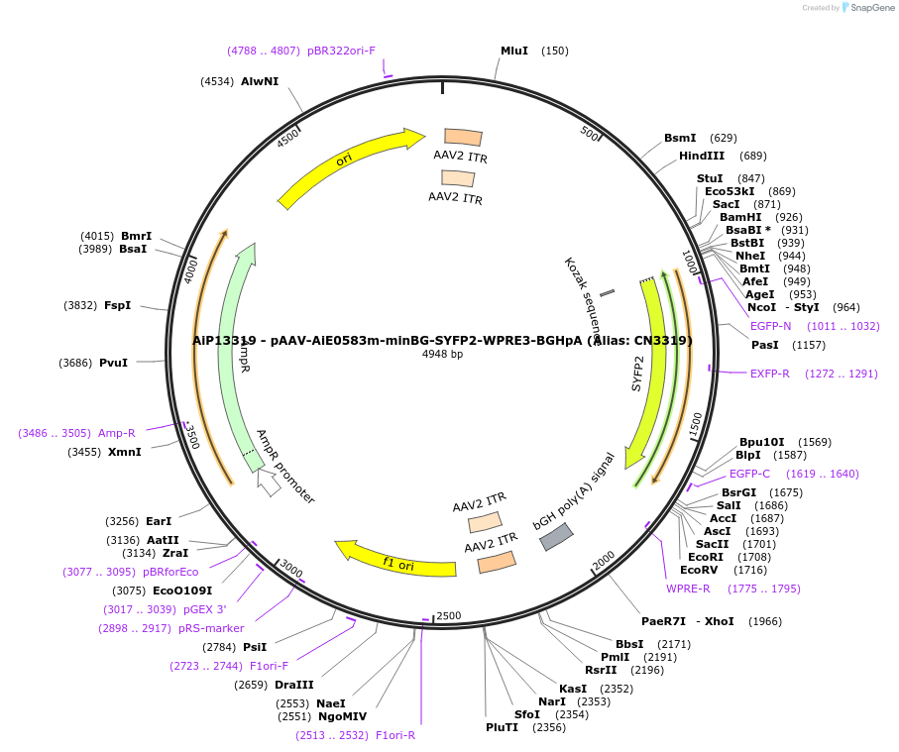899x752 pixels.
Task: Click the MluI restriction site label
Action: click(x=513, y=51)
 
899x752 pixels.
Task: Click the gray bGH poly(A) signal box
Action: click(x=555, y=537)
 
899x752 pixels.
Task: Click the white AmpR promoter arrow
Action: click(x=268, y=483)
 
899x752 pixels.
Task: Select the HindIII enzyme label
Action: click(x=702, y=156)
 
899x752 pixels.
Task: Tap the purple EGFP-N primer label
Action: click(x=770, y=326)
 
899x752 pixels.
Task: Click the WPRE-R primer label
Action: click(x=688, y=589)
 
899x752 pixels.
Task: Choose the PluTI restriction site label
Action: click(x=502, y=727)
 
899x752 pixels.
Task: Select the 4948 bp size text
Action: click(x=442, y=354)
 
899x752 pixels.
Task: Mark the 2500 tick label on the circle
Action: click(x=449, y=615)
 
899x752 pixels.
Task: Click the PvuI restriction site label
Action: click(x=113, y=363)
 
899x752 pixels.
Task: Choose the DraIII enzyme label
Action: click(x=294, y=685)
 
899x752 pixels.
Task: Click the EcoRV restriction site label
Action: click(x=699, y=570)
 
